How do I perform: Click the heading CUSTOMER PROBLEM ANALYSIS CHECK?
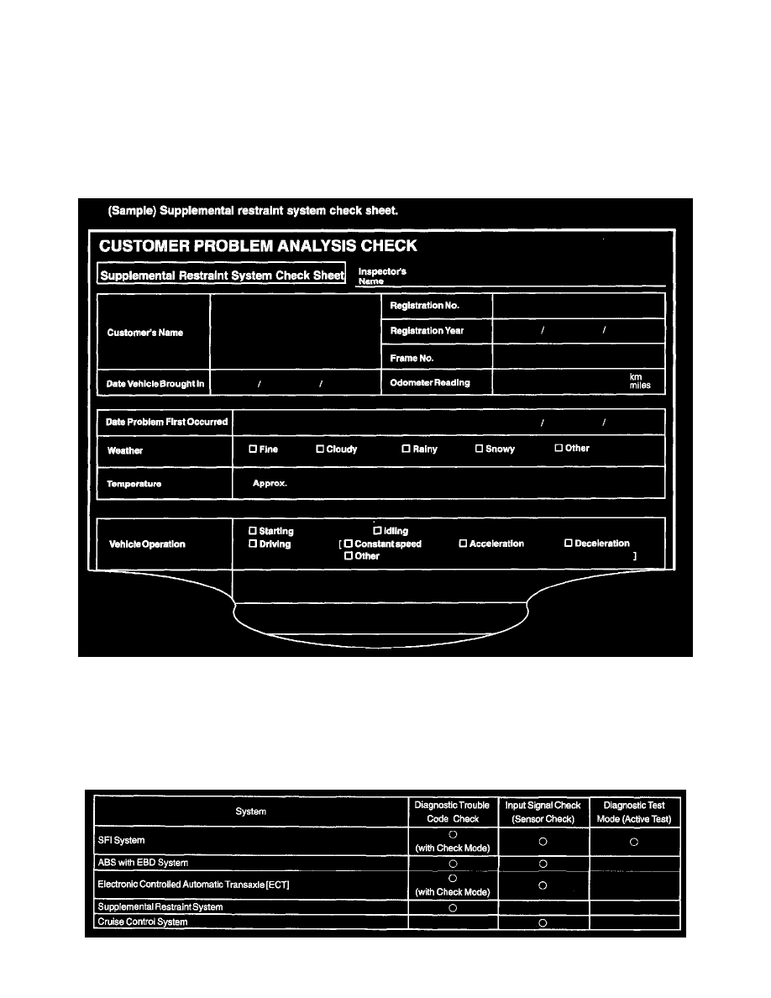pyautogui.click(x=258, y=246)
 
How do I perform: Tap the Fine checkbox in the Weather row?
pyautogui.click(x=253, y=449)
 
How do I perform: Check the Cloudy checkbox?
pyautogui.click(x=320, y=449)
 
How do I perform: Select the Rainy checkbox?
pyautogui.click(x=406, y=449)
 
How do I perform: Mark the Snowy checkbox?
pyautogui.click(x=480, y=449)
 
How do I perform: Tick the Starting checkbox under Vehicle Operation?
pyautogui.click(x=253, y=531)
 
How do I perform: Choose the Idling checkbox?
pyautogui.click(x=377, y=531)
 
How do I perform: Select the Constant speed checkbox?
pyautogui.click(x=349, y=544)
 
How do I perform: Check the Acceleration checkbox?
pyautogui.click(x=463, y=544)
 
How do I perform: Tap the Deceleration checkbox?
pyautogui.click(x=569, y=544)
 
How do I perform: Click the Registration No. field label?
pyautogui.click(x=424, y=306)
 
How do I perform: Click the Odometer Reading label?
pyautogui.click(x=430, y=383)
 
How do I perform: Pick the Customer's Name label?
pyautogui.click(x=145, y=333)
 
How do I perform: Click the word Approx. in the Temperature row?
pyautogui.click(x=270, y=484)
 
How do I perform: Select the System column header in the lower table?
pyautogui.click(x=251, y=812)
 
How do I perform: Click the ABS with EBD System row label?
pyautogui.click(x=143, y=863)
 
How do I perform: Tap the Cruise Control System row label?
pyautogui.click(x=143, y=922)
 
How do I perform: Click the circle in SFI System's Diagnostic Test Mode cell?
pyautogui.click(x=634, y=841)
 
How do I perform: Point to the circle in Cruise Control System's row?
pyautogui.click(x=543, y=922)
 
